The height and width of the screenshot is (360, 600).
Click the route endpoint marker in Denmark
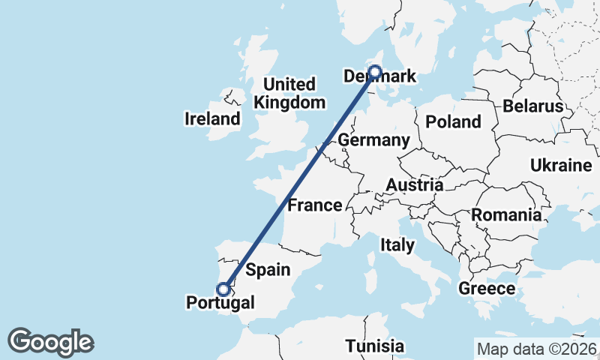pos(374,73)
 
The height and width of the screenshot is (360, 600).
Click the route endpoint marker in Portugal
pos(223,289)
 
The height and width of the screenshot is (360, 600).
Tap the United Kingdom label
pos(289,93)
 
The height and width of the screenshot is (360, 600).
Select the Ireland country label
pos(213,118)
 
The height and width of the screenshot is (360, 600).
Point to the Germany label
pos(373,140)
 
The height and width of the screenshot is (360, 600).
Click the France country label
pos(315,205)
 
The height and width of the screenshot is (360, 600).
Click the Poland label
pos(453,121)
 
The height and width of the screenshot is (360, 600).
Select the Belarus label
pos(532,106)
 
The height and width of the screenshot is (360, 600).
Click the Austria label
pos(415,184)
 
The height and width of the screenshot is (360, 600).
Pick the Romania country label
pos(506,215)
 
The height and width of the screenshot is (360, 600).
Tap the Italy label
pos(397,244)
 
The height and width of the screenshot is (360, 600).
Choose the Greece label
pos(487,288)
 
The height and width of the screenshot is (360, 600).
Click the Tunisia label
pos(375,346)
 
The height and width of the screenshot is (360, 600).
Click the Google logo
pos(50,342)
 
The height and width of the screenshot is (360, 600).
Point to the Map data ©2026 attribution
pos(537,349)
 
